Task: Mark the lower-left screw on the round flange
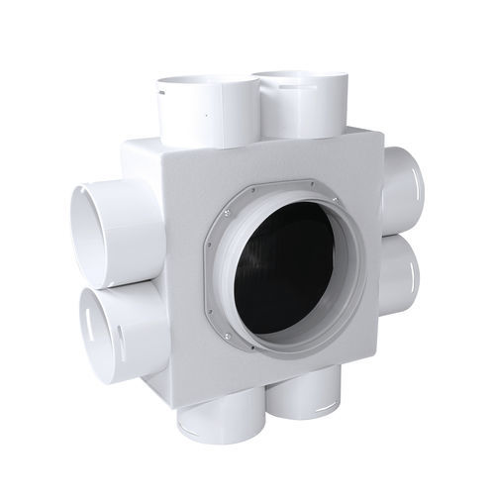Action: [230, 337]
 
